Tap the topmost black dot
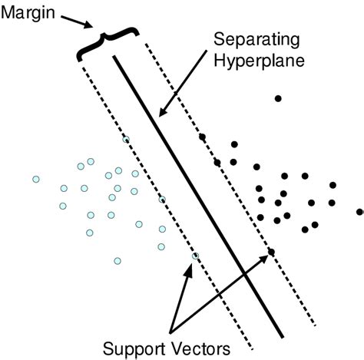click(x=278, y=97)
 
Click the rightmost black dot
click(x=359, y=211)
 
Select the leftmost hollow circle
click(x=35, y=179)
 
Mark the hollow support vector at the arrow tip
click(x=195, y=256)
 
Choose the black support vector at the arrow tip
click(x=271, y=252)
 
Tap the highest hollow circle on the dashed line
click(x=127, y=139)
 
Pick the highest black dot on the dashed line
click(x=202, y=137)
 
